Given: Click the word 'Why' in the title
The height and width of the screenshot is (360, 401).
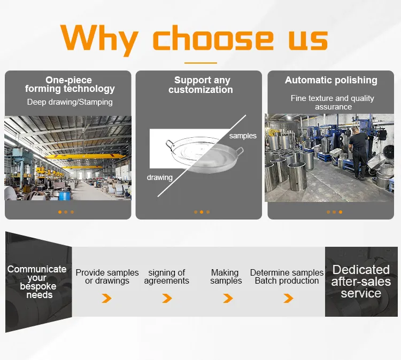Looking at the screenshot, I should pos(102,38).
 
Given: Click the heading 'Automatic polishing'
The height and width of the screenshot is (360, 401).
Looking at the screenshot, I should pos(331,80).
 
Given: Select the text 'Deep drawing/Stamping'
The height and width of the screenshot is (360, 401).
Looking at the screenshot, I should pos(70,101).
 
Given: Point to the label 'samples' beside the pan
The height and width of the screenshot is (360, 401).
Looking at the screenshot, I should pos(243,136).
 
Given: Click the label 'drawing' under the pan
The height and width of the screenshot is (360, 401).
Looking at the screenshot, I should pos(160,177).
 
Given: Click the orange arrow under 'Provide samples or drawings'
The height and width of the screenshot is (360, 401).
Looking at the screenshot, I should pos(107,298).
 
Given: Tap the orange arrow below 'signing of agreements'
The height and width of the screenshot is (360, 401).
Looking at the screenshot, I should pos(167,298).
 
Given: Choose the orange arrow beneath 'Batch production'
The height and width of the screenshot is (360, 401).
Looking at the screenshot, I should pos(288,298).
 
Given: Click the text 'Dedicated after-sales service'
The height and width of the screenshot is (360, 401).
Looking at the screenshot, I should pos(361,281).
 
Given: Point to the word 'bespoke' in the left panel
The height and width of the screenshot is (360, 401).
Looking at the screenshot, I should pos(37,286).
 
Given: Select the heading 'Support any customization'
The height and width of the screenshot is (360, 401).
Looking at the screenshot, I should pos(201,85).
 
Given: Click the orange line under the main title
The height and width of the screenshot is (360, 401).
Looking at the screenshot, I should pos(200,62).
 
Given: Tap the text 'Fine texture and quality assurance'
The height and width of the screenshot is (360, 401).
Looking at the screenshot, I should pos(333,103).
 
